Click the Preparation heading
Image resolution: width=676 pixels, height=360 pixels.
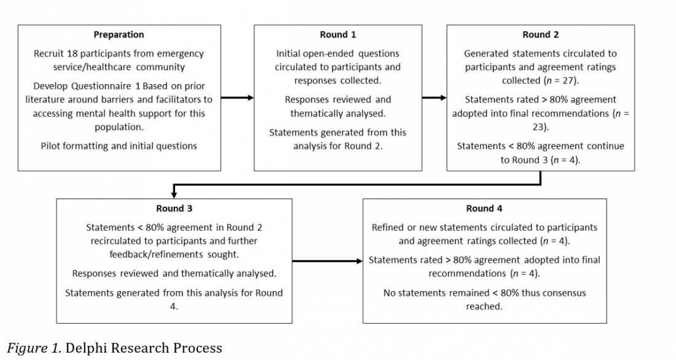click(119, 35)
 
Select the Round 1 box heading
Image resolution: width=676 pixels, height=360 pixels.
click(337, 35)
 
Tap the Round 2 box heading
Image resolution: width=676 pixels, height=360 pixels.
click(540, 35)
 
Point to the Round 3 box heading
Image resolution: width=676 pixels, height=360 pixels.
click(174, 209)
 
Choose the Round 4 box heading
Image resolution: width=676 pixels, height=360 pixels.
click(484, 209)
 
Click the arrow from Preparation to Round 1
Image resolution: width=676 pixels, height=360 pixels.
click(237, 98)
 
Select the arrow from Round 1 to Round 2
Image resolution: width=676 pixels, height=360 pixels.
click(434, 98)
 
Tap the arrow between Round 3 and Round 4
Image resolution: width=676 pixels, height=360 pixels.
click(327, 261)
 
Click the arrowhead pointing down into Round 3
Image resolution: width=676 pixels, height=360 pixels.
click(174, 194)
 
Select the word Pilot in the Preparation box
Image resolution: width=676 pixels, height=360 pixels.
click(52, 146)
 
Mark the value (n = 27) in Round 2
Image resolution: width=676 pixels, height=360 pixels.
click(560, 80)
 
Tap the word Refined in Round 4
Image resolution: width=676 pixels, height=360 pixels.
click(388, 227)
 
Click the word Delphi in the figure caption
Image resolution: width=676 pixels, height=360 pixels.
click(87, 348)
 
